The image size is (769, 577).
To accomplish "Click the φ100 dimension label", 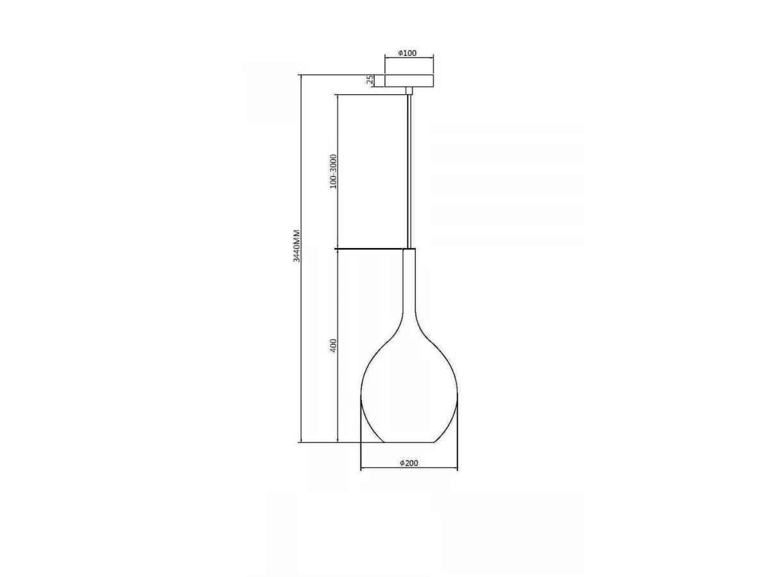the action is [408, 53].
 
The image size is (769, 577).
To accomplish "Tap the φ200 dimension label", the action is [409, 463].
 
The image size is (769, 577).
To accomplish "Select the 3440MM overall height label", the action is [297, 246].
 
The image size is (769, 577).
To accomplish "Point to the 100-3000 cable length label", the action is [333, 171].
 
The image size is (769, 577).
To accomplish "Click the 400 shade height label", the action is [333, 346].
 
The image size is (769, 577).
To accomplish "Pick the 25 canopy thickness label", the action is [370, 80].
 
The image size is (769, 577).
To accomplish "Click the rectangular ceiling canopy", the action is [409, 81].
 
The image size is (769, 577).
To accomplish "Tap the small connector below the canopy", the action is [409, 91].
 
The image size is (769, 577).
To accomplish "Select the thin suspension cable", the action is [409, 172].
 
